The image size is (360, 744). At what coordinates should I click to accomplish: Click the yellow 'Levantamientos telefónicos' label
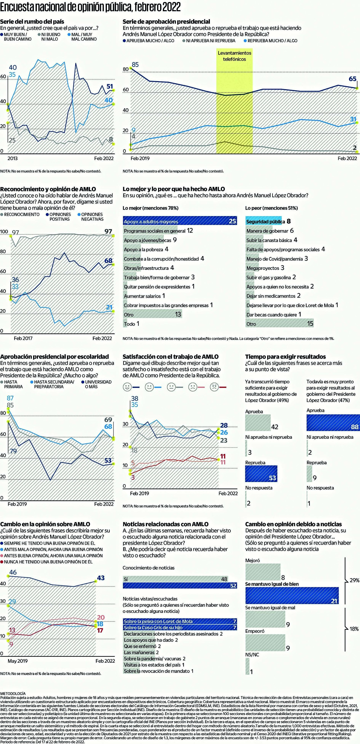234,56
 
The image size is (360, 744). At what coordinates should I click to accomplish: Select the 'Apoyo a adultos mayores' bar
179,221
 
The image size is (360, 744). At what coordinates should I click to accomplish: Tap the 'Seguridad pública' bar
263,221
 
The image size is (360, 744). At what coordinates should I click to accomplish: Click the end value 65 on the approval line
352,79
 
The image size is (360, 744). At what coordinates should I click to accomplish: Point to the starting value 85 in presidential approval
135,65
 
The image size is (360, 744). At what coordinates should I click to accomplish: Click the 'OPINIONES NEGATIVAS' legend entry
91,217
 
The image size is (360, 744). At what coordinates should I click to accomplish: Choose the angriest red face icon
214,387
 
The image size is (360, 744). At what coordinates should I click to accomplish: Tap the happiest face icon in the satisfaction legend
127,387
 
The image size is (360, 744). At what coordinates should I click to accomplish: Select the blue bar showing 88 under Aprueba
333,423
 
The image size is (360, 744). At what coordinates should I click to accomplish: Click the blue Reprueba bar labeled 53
261,474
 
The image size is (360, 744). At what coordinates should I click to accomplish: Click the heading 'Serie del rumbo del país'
32,21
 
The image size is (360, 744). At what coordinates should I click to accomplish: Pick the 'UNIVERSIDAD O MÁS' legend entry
98,384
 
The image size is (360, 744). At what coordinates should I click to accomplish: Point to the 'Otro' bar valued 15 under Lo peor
279,324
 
